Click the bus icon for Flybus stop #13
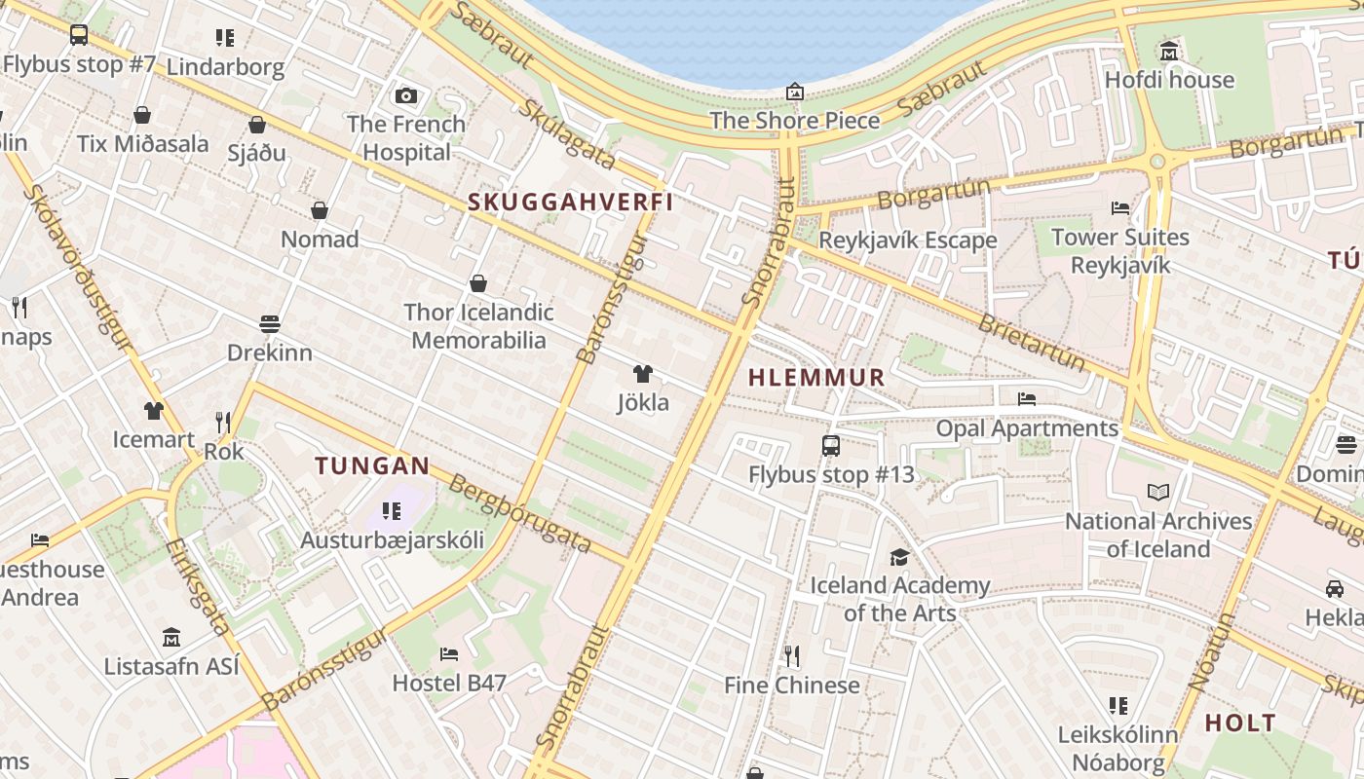click(x=830, y=446)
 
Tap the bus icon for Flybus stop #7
click(x=79, y=35)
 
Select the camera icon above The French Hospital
click(x=406, y=95)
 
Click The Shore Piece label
click(x=795, y=121)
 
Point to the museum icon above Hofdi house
click(x=1169, y=51)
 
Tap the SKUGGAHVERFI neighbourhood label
click(x=571, y=203)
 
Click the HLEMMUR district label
click(x=816, y=377)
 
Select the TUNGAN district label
click(x=372, y=465)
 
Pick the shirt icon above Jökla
click(x=642, y=374)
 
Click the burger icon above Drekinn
click(x=270, y=323)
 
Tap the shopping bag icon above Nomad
click(x=319, y=210)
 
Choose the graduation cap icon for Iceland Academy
click(x=899, y=557)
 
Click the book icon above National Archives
click(x=1157, y=493)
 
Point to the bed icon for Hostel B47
click(x=448, y=654)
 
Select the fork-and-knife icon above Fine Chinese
click(x=792, y=656)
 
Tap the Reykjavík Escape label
click(x=908, y=240)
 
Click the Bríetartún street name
click(x=1031, y=343)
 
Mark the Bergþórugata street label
click(x=520, y=516)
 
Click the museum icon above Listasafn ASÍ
click(x=171, y=638)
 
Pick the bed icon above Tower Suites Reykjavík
click(x=1120, y=208)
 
